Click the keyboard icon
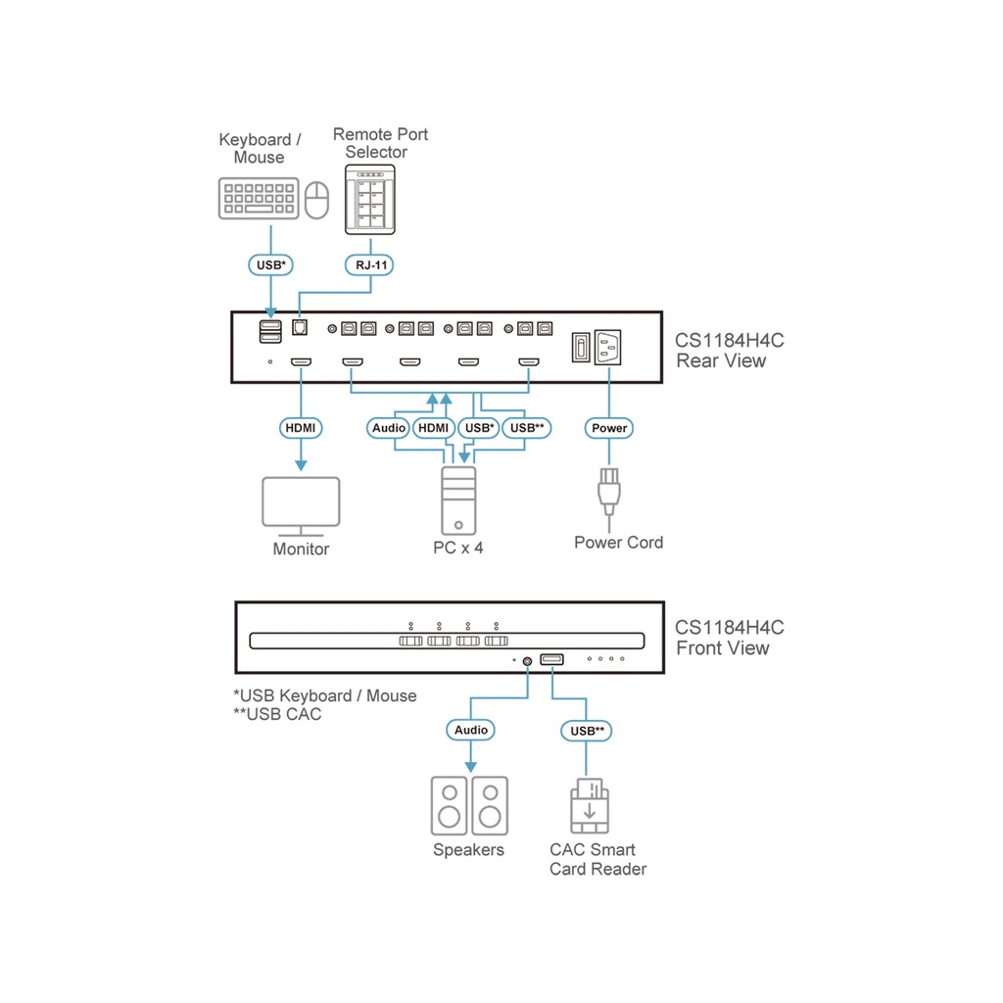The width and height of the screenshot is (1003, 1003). click(258, 198)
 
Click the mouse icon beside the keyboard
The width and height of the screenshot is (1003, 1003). click(316, 199)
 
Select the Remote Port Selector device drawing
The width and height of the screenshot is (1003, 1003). click(371, 200)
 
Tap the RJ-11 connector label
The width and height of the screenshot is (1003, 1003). click(370, 264)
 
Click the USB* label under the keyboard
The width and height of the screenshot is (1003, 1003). click(269, 264)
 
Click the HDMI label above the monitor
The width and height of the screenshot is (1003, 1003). click(301, 428)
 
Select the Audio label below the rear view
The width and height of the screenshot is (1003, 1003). click(389, 428)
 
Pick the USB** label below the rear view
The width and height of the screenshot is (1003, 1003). click(527, 428)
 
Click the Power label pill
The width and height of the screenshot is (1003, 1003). click(609, 428)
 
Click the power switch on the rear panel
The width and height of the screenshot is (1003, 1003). click(580, 346)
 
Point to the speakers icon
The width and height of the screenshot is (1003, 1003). click(469, 805)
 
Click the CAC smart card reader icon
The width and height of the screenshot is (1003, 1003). click(590, 805)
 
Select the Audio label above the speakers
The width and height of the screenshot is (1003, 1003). click(470, 730)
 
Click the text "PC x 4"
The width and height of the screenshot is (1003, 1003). click(458, 548)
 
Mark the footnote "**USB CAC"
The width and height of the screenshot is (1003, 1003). click(277, 714)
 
